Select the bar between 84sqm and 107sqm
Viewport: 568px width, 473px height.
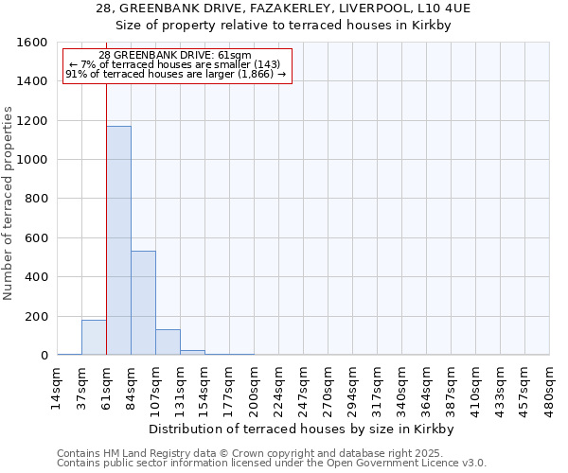point(143,303)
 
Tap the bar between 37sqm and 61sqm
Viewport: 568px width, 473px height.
point(94,338)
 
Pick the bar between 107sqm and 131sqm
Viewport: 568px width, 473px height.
point(168,342)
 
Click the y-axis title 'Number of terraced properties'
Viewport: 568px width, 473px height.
point(9,203)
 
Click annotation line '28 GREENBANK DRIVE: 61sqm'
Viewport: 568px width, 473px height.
point(175,56)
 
